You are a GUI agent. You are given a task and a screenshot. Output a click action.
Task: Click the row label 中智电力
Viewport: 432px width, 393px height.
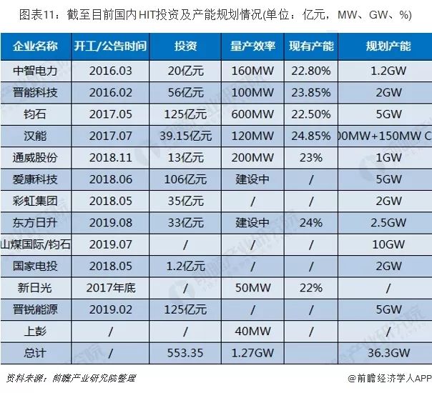(x=36, y=71)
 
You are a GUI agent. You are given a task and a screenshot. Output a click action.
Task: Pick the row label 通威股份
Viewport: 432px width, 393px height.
(x=36, y=158)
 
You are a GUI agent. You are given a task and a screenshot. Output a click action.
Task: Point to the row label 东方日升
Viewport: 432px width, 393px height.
(x=36, y=222)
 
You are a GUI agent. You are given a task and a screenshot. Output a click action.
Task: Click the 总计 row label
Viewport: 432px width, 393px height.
(x=36, y=352)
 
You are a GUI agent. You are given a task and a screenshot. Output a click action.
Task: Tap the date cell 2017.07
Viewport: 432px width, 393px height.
(x=110, y=136)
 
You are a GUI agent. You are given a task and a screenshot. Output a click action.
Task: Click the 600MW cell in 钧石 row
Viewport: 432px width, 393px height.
(x=252, y=115)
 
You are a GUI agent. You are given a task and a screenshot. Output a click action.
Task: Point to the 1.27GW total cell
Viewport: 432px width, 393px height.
(x=252, y=352)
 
